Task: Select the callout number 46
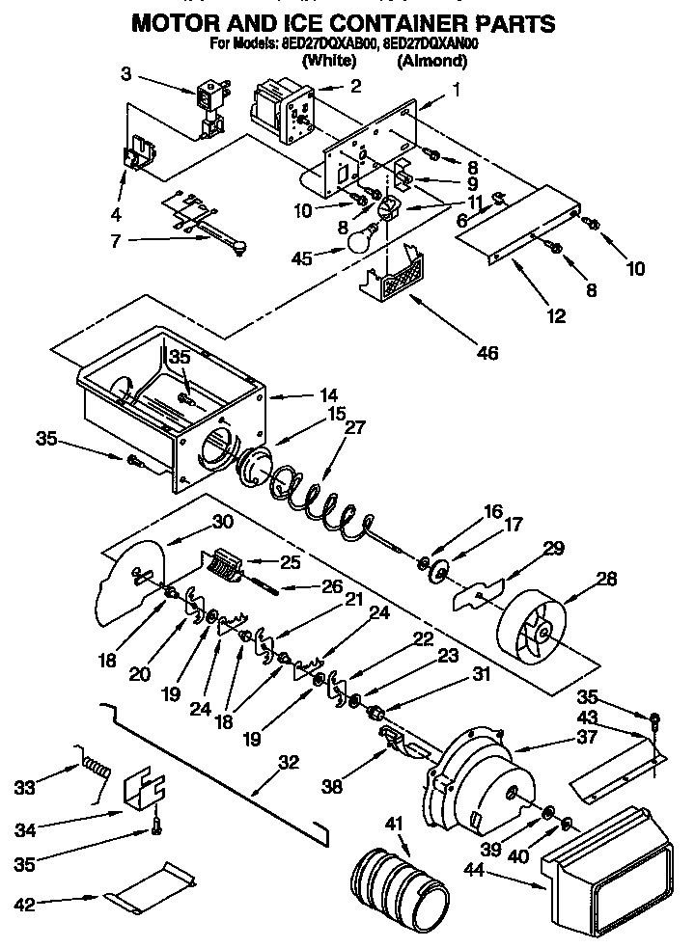pyautogui.click(x=487, y=354)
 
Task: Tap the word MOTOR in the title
pyautogui.click(x=179, y=22)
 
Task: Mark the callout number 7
pyautogui.click(x=116, y=240)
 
